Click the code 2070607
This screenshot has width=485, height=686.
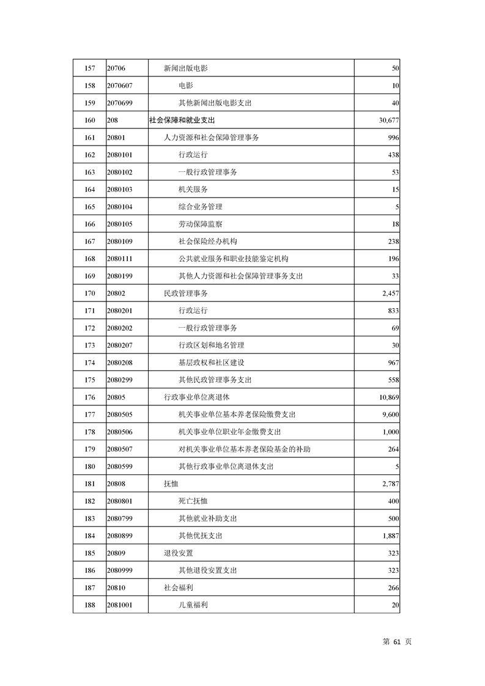tap(120, 86)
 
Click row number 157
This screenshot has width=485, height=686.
tap(89, 68)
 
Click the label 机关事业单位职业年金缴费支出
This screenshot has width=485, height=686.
tap(230, 432)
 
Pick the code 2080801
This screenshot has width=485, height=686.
tap(120, 501)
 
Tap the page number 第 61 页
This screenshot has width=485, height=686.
tap(397, 641)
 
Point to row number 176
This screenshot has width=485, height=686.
tap(89, 397)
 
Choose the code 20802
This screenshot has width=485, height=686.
tap(116, 293)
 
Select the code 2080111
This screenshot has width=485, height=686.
tap(120, 259)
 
